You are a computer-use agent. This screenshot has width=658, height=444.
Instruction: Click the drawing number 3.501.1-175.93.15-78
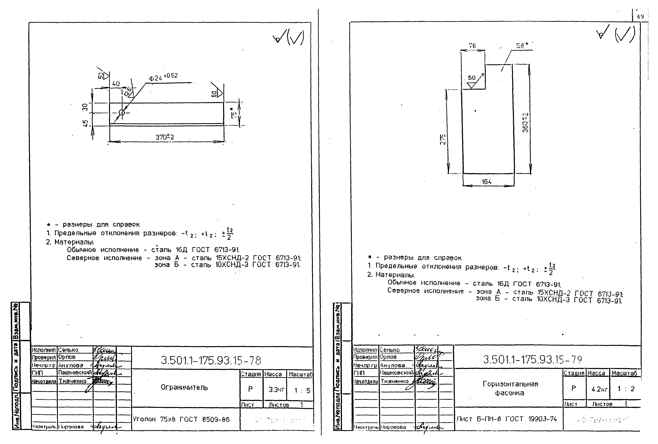(211, 361)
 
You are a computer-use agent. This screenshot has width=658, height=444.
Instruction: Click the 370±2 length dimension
(165, 137)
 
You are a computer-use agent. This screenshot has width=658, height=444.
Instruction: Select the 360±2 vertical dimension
(525, 122)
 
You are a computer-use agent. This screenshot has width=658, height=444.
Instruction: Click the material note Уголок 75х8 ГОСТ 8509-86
(181, 419)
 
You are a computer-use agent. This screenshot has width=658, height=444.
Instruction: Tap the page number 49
(640, 16)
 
